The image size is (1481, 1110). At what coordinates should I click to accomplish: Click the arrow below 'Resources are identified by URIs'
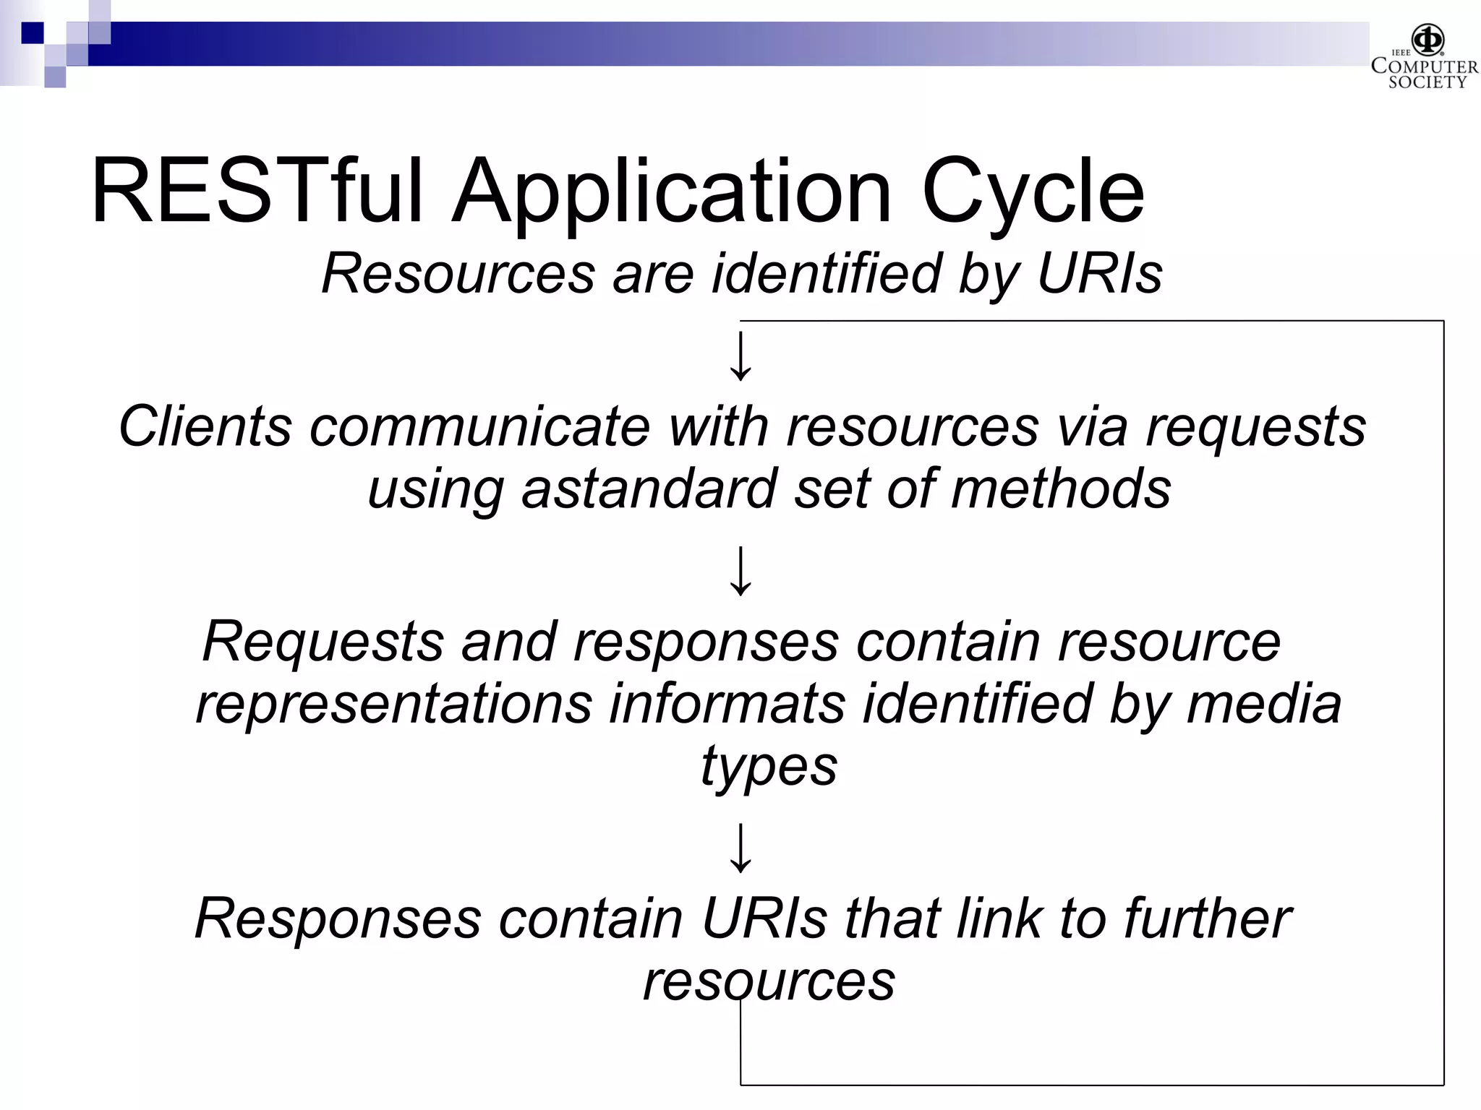point(740,356)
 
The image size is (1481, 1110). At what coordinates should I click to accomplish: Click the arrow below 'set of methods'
point(740,571)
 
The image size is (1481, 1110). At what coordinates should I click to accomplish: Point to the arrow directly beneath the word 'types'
point(740,847)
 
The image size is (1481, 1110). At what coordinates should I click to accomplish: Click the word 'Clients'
point(205,426)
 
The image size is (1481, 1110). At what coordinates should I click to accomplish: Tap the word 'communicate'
point(480,426)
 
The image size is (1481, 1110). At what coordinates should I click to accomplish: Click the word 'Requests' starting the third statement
point(323,641)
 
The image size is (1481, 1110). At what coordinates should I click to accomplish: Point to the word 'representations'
point(393,704)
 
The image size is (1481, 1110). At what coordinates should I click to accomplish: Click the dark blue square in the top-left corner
point(32,33)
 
